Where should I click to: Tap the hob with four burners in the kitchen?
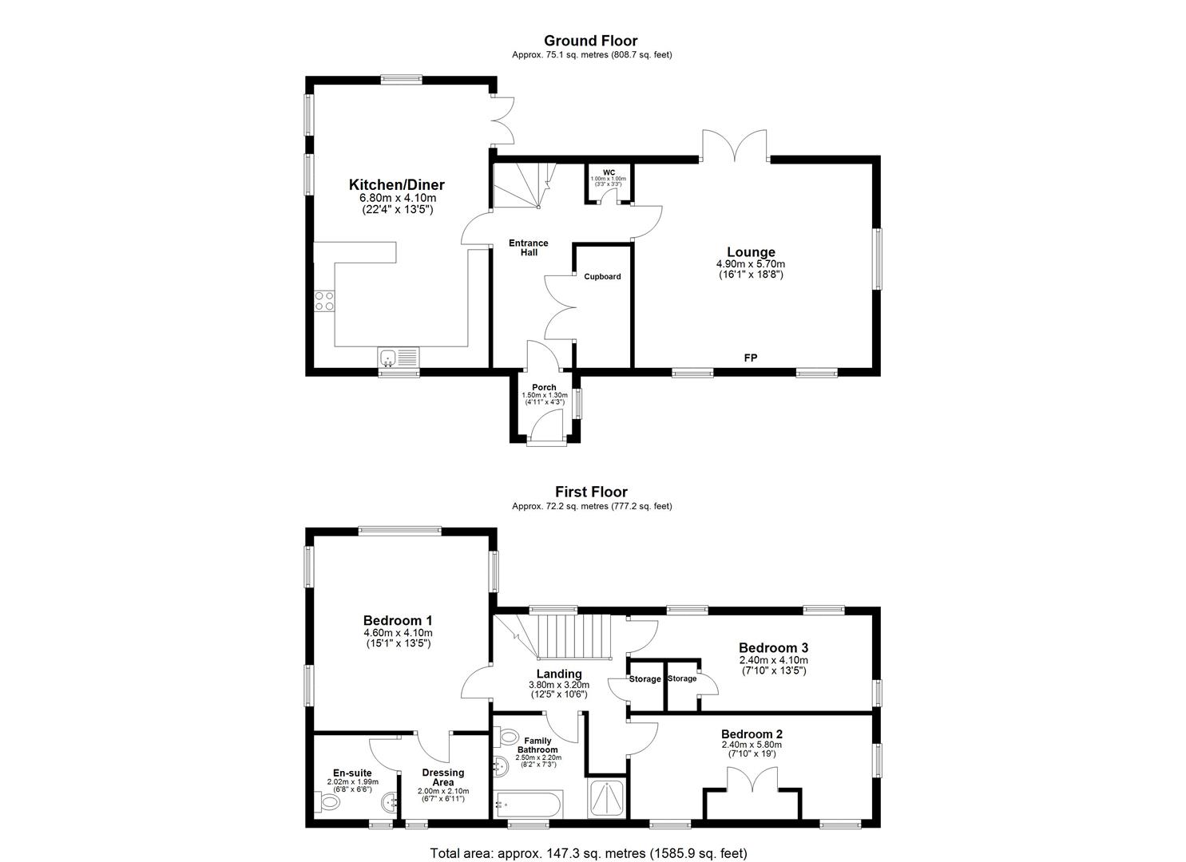coord(324,301)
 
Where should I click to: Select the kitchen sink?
coord(398,356)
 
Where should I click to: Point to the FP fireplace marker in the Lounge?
coord(751,358)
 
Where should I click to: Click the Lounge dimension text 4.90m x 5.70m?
coord(751,264)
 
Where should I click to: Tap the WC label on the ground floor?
coord(609,172)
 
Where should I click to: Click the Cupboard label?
coord(602,277)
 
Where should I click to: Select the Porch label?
coord(545,387)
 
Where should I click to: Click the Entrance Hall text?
coord(530,247)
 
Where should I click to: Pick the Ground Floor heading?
coord(591,41)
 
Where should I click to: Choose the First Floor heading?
coord(591,492)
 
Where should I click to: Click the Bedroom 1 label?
coord(398,620)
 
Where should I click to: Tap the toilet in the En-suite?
coord(328,801)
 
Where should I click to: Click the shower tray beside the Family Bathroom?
coord(608,800)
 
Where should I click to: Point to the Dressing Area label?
coord(442,777)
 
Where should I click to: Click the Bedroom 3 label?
coord(773,647)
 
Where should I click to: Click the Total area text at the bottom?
coord(589,853)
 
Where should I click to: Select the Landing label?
coord(559,674)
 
